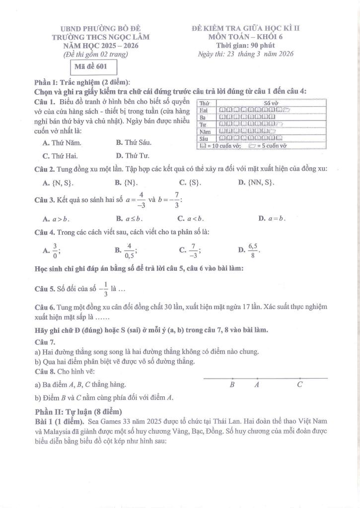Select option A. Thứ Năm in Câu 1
coord(62,143)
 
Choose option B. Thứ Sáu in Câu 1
coord(134,143)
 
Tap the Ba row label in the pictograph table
coord(202,118)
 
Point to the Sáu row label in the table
coord(203,139)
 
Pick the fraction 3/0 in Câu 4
coord(55,252)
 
